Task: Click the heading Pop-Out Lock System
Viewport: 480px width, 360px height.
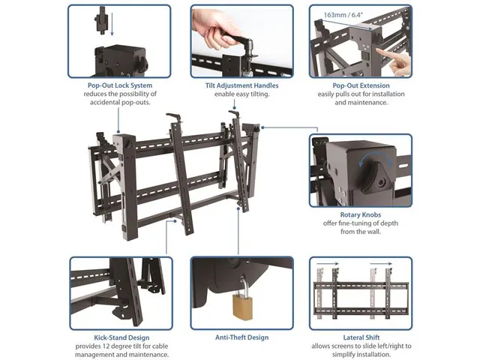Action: (120, 85)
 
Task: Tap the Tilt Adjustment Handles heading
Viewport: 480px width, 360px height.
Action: (241, 85)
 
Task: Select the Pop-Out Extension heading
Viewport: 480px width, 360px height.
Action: (361, 85)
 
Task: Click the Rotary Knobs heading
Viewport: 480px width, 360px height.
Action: (361, 214)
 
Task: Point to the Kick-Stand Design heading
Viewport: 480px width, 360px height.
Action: (121, 337)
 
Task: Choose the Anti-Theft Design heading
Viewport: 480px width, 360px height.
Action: (241, 337)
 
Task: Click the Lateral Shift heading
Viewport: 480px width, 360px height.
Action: (361, 337)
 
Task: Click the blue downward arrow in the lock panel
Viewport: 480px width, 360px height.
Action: (112, 24)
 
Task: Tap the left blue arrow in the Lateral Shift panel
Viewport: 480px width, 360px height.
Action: (328, 263)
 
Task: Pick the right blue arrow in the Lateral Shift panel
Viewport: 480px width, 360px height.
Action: (381, 263)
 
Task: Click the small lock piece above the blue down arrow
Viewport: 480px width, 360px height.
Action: (101, 22)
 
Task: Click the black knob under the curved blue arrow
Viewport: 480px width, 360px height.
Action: (374, 177)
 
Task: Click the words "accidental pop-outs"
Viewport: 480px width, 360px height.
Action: (120, 102)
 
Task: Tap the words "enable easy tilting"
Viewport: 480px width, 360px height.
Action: (241, 94)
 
